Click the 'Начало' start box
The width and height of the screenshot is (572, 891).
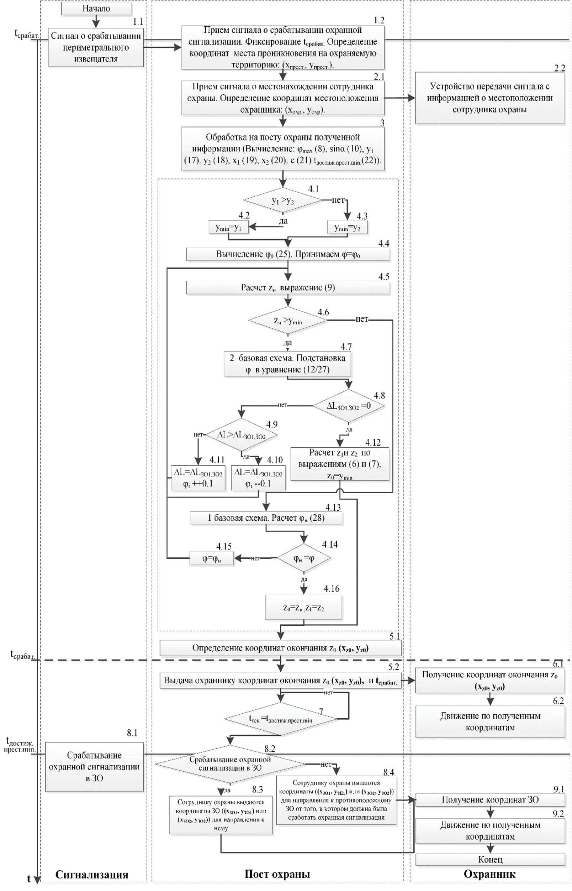coord(96,9)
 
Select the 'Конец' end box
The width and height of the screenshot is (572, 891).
coord(490,859)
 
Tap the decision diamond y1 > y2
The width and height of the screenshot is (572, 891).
coord(283,201)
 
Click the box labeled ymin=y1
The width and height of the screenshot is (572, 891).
coord(228,228)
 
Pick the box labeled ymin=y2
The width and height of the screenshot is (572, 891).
coord(347,228)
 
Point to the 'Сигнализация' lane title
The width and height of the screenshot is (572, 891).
coord(92,874)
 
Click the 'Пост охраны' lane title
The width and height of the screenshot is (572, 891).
coord(277,874)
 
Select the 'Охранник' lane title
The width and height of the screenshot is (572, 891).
coord(489,874)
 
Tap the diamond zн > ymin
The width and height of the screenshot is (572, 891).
coord(288,320)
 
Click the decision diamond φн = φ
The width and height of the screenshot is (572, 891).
coord(304,558)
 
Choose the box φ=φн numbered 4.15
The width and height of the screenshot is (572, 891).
coord(212,558)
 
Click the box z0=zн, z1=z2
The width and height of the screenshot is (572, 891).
coord(303,608)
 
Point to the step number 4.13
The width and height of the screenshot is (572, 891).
coord(333,507)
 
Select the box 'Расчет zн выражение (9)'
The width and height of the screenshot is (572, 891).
coord(288,288)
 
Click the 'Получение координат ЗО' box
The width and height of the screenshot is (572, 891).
coord(490,799)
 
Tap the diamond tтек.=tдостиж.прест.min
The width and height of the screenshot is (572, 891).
coord(280,720)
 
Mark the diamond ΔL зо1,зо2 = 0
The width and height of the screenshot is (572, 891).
coord(348,406)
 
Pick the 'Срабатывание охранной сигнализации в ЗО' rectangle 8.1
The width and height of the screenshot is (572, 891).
coord(94,767)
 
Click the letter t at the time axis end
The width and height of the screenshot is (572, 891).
coord(28,879)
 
